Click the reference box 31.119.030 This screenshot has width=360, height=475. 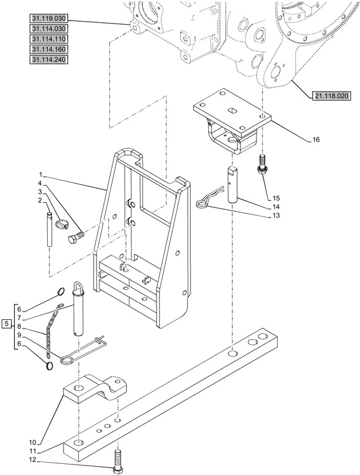[x=48, y=18]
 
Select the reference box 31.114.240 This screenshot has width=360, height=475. [x=48, y=59]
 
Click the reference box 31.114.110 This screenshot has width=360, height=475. [x=48, y=39]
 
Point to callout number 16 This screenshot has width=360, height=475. [x=316, y=140]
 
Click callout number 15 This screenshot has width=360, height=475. [x=276, y=199]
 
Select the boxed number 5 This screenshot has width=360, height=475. [x=7, y=324]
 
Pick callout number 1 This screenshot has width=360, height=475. [x=41, y=175]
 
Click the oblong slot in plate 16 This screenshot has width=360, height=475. [x=232, y=110]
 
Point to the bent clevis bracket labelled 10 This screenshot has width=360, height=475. [x=95, y=389]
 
